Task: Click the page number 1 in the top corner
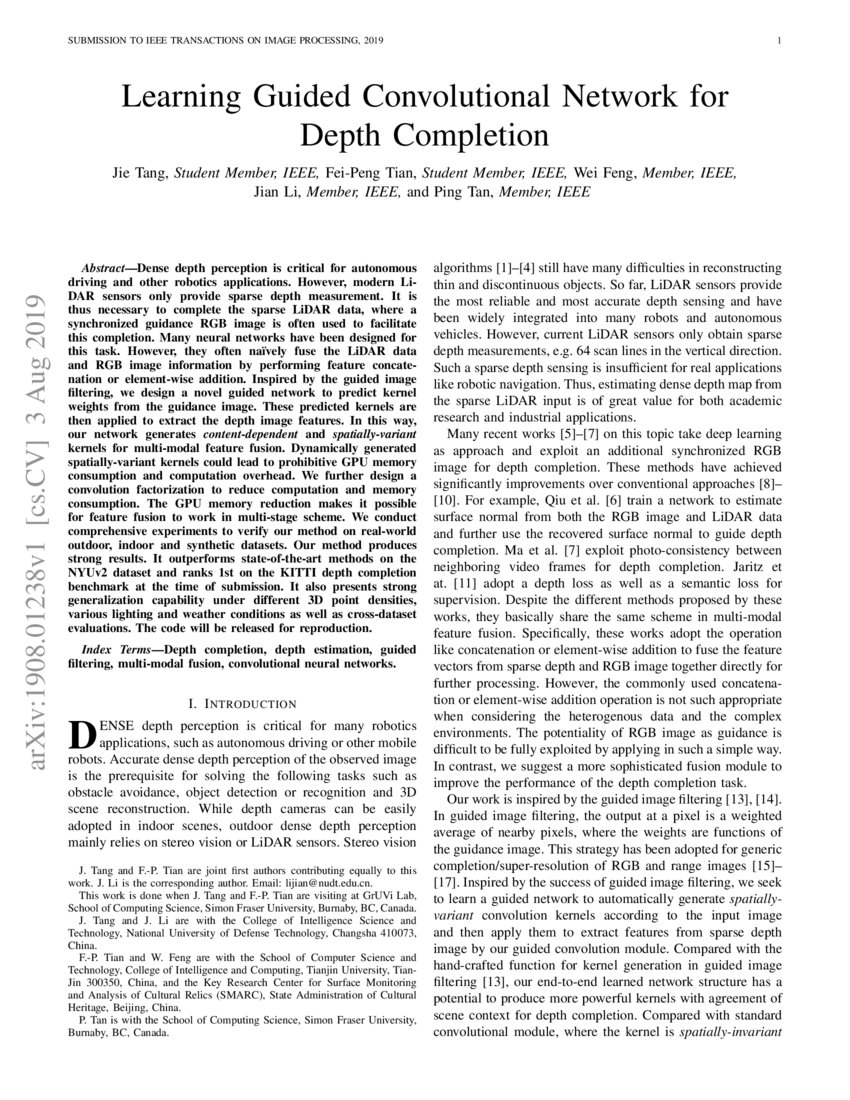pyautogui.click(x=777, y=41)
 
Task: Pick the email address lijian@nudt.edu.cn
pyautogui.click(x=326, y=884)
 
